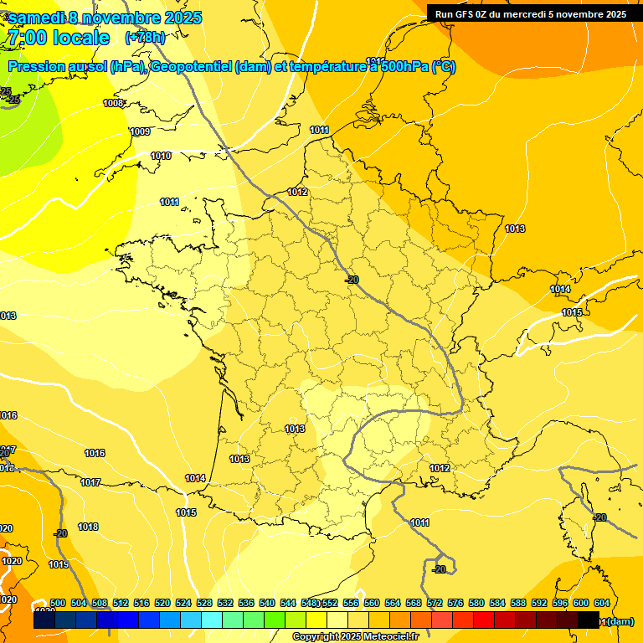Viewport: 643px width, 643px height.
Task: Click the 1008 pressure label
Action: point(113,103)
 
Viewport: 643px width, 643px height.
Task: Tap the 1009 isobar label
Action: point(140,131)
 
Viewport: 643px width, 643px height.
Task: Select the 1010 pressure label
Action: point(161,156)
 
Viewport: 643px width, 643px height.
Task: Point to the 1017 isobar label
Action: point(90,482)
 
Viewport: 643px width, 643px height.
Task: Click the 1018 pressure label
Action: point(88,527)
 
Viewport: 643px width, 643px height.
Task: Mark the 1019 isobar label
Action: point(59,564)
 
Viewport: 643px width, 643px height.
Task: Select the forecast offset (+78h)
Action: point(145,38)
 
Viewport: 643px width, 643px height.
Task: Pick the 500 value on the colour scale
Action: point(58,603)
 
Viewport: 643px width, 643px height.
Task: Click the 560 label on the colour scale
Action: point(372,603)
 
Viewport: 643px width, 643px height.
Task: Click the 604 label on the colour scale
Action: point(602,603)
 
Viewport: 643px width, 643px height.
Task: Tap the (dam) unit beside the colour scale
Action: point(620,621)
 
